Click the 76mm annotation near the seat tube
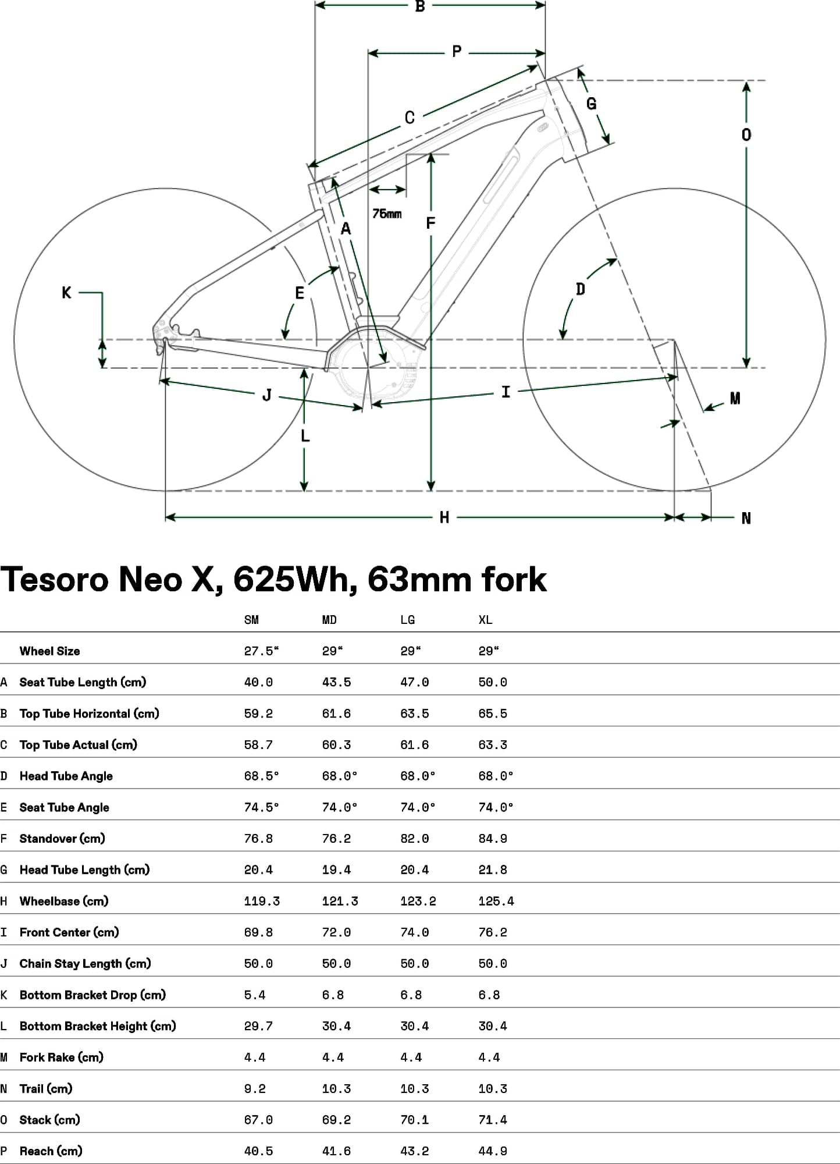tap(387, 214)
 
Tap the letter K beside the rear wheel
tap(66, 292)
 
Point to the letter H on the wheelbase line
tap(444, 517)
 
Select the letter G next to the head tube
tap(592, 104)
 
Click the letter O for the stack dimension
tap(746, 135)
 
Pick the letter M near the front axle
tap(735, 398)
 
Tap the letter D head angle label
tap(580, 289)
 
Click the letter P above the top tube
tap(457, 52)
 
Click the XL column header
tap(485, 620)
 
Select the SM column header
tap(251, 620)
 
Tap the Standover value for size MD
tap(337, 839)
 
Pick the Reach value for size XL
tap(493, 1151)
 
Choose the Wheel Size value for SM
tap(261, 651)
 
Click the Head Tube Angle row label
tap(66, 776)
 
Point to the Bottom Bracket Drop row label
tap(92, 995)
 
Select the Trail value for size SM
tap(255, 1088)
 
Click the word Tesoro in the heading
tap(55, 579)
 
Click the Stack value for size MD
tap(337, 1120)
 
